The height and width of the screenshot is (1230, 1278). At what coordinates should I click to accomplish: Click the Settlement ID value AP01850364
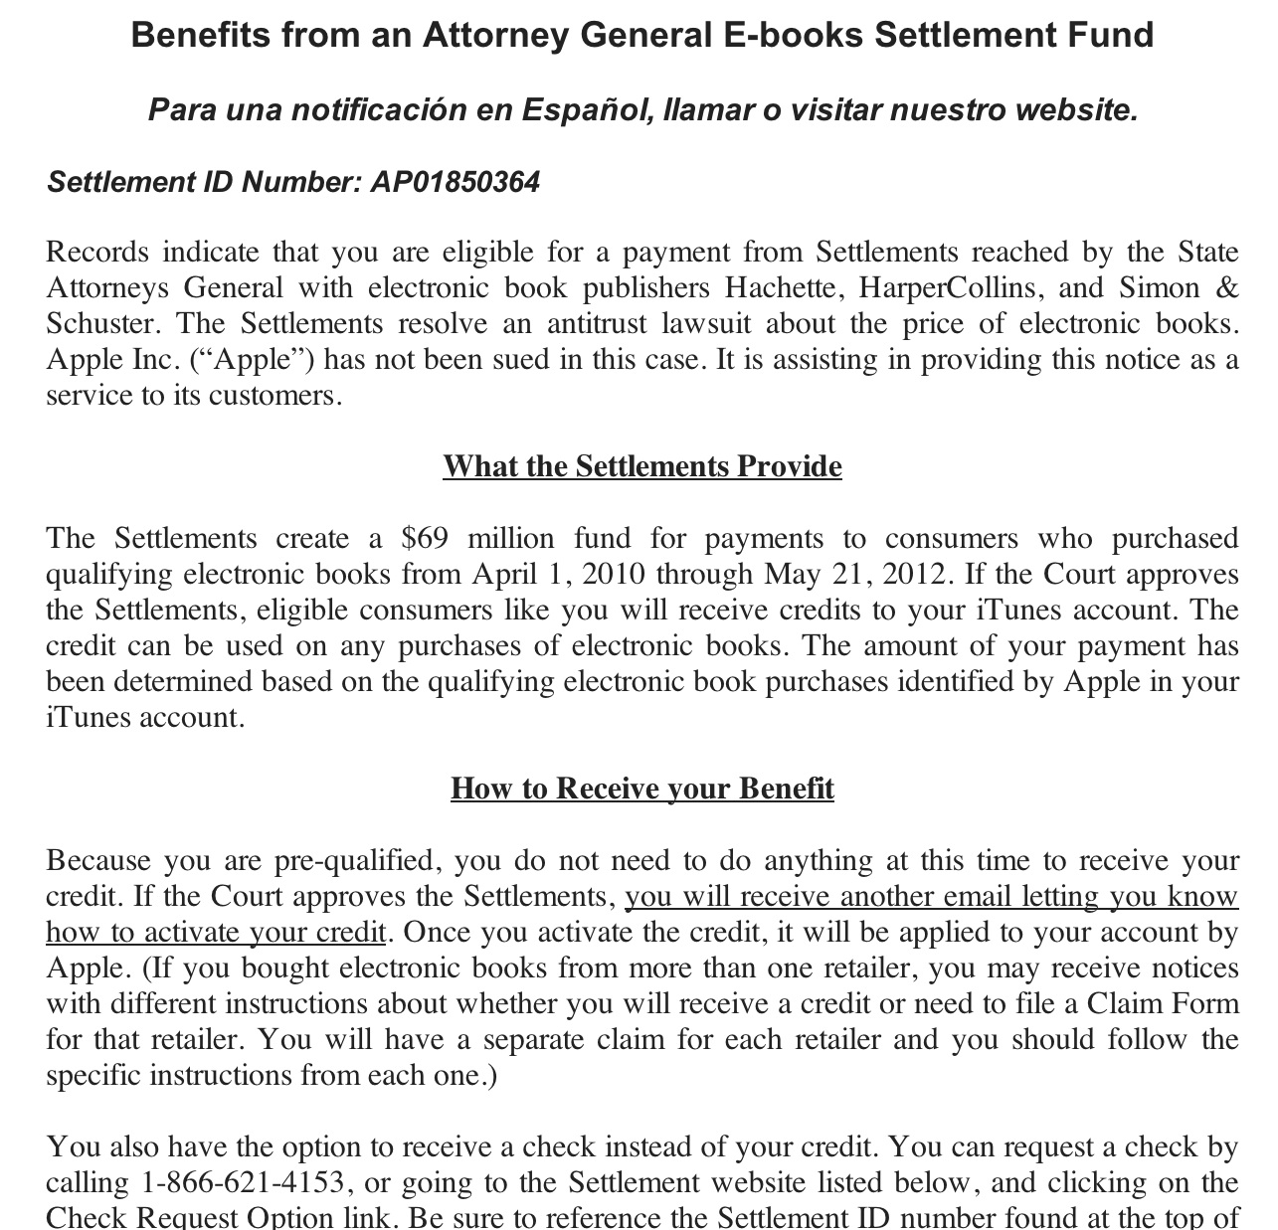pyautogui.click(x=455, y=183)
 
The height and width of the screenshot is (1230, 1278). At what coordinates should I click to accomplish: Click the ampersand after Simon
pyautogui.click(x=1227, y=288)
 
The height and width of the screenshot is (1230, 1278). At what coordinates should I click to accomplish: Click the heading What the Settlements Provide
pyautogui.click(x=642, y=466)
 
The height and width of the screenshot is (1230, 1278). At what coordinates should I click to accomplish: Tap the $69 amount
pyautogui.click(x=425, y=539)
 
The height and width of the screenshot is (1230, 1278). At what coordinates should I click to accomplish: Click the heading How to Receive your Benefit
pyautogui.click(x=642, y=789)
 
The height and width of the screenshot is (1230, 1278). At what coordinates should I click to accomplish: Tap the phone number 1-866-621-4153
pyautogui.click(x=244, y=1183)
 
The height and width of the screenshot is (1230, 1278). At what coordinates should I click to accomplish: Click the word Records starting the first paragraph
pyautogui.click(x=97, y=253)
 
